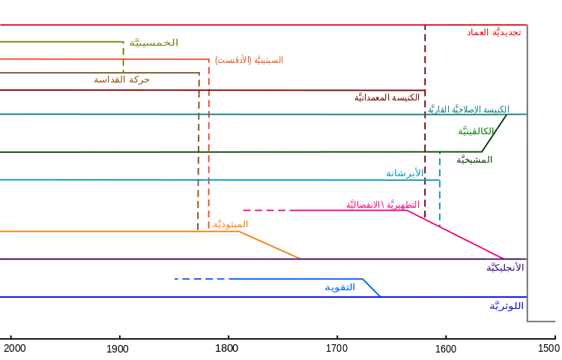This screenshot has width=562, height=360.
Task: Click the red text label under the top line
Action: [x=488, y=32]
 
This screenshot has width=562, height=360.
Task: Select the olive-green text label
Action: [x=154, y=42]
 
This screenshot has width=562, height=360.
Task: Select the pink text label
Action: [x=378, y=205]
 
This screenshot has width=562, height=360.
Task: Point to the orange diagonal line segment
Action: [x=274, y=244]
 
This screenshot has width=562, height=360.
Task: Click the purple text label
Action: [x=506, y=267]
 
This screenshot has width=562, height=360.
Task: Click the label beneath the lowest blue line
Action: [x=507, y=306]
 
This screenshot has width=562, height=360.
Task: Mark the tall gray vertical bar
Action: [x=528, y=172]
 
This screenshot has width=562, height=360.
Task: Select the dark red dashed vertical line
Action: [x=425, y=120]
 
